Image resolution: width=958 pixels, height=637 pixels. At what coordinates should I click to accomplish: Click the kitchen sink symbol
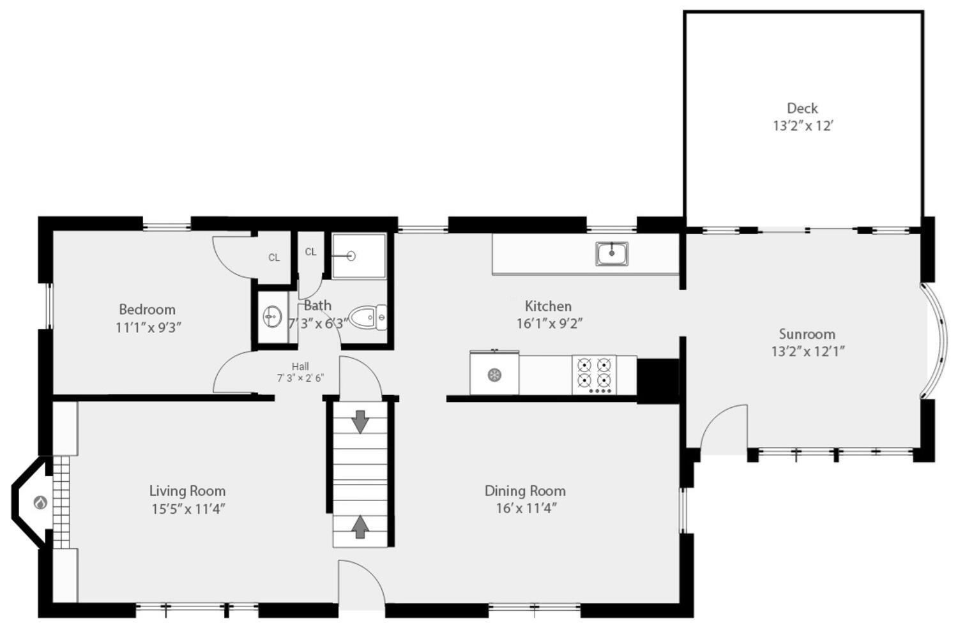pyautogui.click(x=612, y=253)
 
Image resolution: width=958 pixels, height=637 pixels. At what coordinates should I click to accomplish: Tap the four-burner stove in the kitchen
pyautogui.click(x=595, y=374)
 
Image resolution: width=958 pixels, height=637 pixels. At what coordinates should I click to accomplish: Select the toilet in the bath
pyautogui.click(x=367, y=317)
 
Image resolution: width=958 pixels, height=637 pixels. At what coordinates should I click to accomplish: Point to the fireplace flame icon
pyautogui.click(x=40, y=503)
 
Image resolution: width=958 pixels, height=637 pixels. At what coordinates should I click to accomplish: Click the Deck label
pyautogui.click(x=802, y=108)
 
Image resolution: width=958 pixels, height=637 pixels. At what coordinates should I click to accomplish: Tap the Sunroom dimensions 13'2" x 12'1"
pyautogui.click(x=808, y=351)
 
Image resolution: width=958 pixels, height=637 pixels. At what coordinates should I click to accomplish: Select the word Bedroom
pyautogui.click(x=147, y=310)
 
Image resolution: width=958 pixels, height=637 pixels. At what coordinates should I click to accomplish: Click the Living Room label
pyautogui.click(x=187, y=491)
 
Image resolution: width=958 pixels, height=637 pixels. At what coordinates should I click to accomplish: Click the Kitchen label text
pyautogui.click(x=548, y=306)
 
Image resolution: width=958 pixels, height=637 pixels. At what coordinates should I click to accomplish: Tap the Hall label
pyautogui.click(x=300, y=366)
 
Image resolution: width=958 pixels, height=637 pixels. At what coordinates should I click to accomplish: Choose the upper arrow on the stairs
pyautogui.click(x=361, y=421)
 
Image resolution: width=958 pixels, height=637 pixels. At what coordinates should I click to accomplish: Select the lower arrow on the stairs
pyautogui.click(x=361, y=526)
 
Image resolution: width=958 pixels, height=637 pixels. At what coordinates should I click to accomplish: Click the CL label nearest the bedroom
pyautogui.click(x=274, y=258)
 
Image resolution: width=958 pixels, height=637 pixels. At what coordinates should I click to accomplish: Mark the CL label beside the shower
pyautogui.click(x=310, y=252)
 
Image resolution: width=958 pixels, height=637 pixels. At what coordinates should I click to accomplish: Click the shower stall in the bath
pyautogui.click(x=359, y=256)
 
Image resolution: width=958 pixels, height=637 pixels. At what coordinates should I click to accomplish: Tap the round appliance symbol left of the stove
pyautogui.click(x=494, y=375)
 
